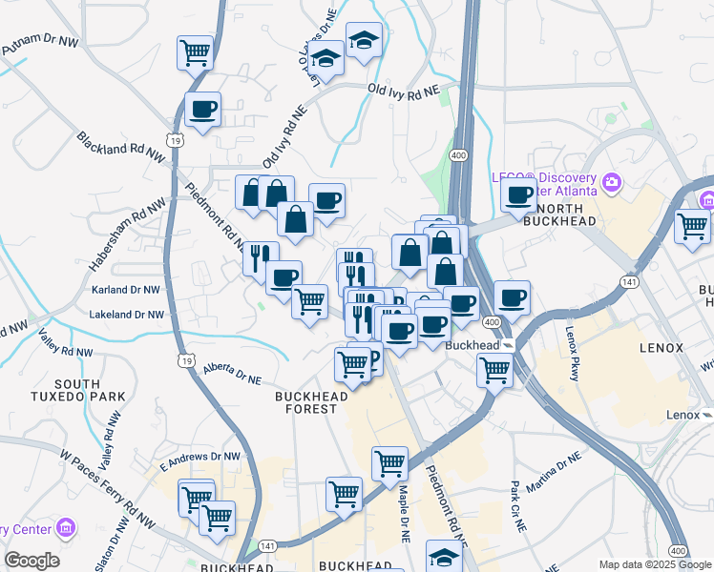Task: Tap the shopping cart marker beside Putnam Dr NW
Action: tap(195, 52)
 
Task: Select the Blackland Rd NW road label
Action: tap(122, 152)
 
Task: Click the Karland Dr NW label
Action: tap(125, 288)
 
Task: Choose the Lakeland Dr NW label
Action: tap(126, 314)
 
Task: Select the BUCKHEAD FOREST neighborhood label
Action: tap(306, 401)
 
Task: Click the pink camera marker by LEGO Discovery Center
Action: tap(612, 181)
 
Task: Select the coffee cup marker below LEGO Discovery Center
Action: tap(518, 194)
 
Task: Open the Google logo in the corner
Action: tap(31, 561)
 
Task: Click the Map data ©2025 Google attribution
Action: tap(654, 564)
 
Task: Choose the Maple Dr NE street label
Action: tap(404, 511)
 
